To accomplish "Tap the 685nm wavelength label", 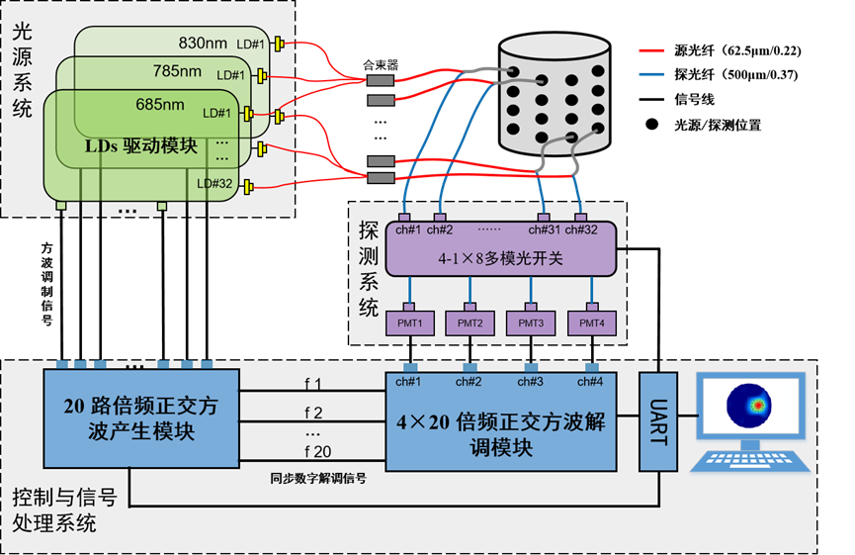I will (x=160, y=104).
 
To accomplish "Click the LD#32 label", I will (x=214, y=183).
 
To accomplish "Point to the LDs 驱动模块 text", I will (x=140, y=145).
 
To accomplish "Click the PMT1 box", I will (x=410, y=323).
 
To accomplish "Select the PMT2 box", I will (x=470, y=323).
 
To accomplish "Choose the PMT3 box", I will (x=531, y=323).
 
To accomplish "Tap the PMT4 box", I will (x=591, y=323).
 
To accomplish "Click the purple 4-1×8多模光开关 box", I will (x=500, y=255).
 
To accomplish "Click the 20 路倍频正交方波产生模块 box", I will (x=141, y=419).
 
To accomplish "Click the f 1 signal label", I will (x=313, y=383).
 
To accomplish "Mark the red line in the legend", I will (x=651, y=50).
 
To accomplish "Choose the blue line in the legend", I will (x=651, y=73).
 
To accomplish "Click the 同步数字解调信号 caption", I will (x=318, y=477).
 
